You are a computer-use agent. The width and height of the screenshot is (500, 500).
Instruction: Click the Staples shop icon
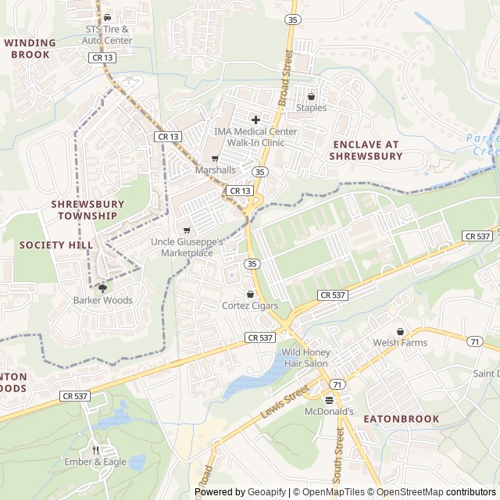[311, 97]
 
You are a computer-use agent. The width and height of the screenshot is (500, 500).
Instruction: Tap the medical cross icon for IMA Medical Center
[255, 120]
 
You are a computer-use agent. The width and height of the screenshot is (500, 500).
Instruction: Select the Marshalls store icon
[215, 159]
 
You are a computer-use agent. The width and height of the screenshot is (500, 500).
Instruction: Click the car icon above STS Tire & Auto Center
[108, 17]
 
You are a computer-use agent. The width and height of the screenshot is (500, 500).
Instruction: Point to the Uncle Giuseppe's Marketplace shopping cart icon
[186, 230]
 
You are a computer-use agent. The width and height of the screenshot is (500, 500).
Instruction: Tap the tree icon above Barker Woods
[102, 288]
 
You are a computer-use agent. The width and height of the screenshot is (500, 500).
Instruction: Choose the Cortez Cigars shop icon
[250, 294]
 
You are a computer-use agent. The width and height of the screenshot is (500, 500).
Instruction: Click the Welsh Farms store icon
[401, 331]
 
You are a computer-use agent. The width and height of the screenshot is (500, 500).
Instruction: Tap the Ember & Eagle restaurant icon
[95, 450]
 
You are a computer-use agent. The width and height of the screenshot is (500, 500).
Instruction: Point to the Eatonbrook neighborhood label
[401, 419]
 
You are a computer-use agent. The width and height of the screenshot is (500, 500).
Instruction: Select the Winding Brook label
[30, 48]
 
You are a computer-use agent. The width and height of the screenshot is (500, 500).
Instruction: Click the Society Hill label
[50, 245]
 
